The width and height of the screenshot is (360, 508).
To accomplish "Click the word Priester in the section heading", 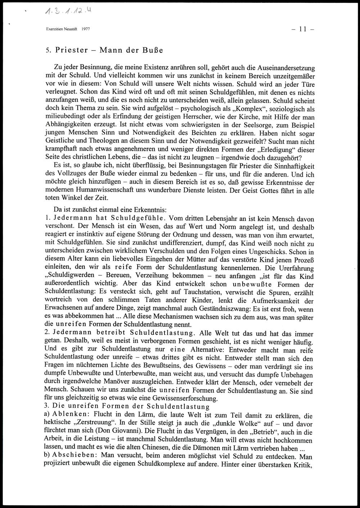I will pos(72,50).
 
